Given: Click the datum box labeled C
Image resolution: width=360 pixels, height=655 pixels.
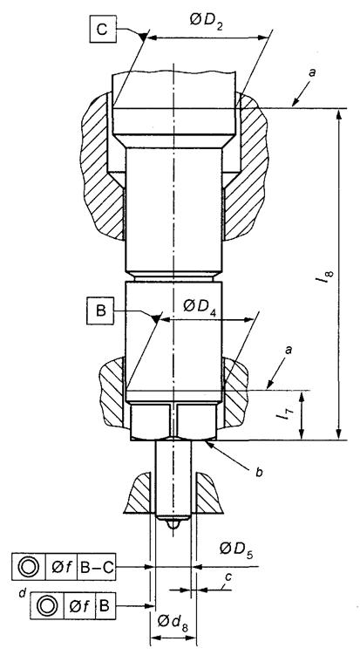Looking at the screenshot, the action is click(x=103, y=30).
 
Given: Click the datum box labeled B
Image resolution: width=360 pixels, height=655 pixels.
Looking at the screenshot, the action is click(x=100, y=311).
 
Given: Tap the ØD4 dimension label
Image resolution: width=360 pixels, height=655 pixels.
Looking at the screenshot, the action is click(x=201, y=308).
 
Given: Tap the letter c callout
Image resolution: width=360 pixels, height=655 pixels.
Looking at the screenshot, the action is click(x=228, y=577).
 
